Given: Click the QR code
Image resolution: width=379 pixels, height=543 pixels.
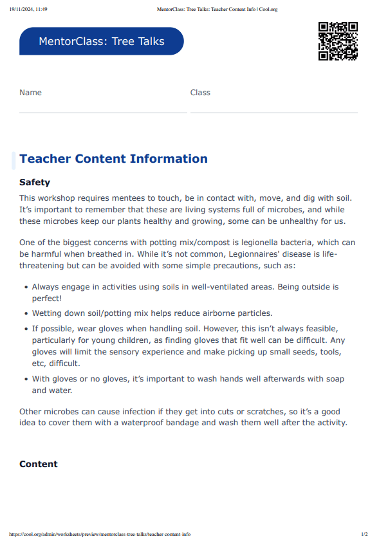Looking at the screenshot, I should coord(338,41).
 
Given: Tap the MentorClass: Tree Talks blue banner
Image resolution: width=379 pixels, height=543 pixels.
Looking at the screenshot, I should coord(102,41).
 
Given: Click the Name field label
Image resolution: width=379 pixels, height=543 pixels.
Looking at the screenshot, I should coord(30,93).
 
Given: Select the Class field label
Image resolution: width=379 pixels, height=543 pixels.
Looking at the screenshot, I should coord(200,93).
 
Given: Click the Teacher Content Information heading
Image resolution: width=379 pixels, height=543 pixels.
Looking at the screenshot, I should coord(113,159).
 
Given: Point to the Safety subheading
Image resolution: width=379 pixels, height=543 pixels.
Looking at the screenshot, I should coord(35,183).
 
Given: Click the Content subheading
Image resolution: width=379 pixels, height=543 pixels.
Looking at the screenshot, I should coord(39,464).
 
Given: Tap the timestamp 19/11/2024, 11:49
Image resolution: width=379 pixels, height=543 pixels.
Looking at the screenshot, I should coord(28,10).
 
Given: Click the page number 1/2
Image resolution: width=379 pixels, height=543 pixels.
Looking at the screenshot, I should coord(364,534).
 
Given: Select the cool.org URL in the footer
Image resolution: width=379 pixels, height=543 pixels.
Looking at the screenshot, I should coord(100,534).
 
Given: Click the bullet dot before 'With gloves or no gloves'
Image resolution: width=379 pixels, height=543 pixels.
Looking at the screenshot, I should coord(25,379).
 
